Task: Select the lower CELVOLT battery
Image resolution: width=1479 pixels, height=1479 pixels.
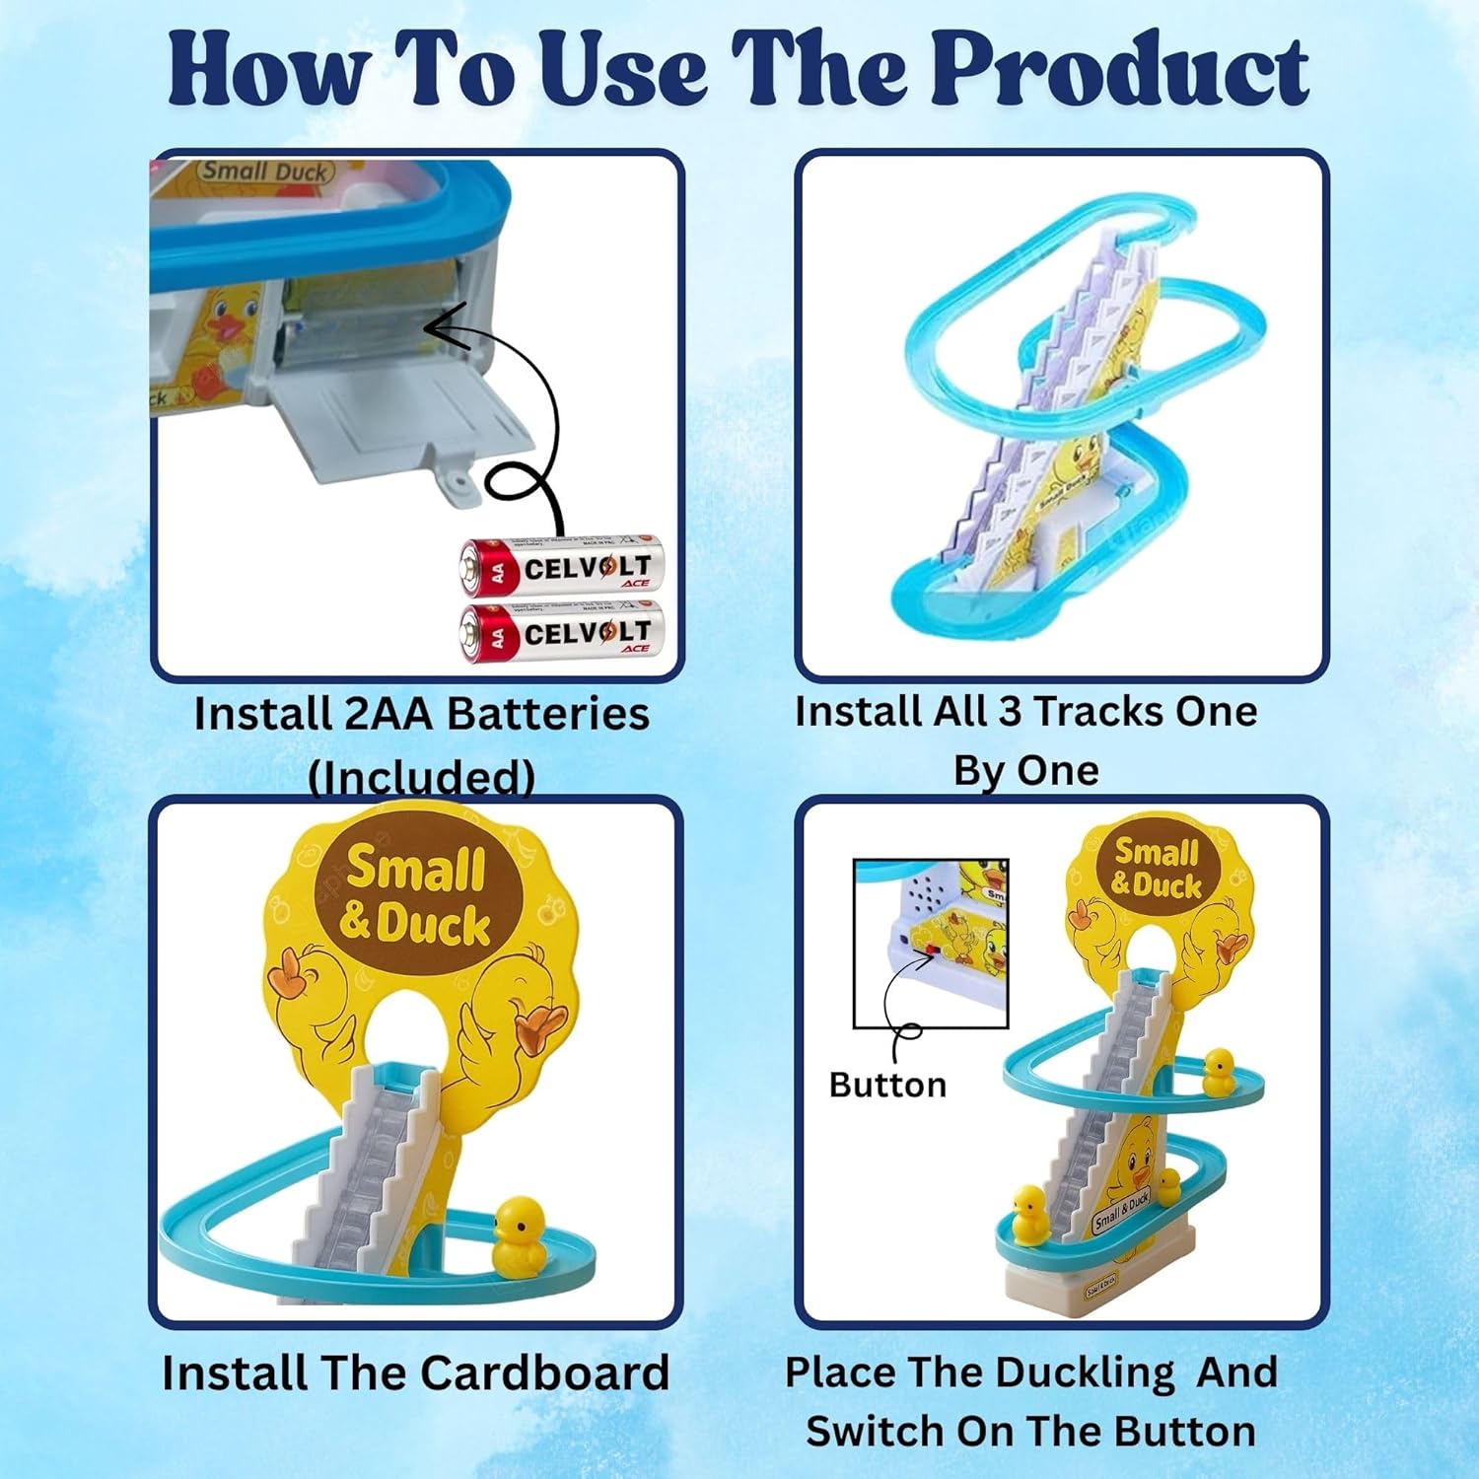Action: (562, 632)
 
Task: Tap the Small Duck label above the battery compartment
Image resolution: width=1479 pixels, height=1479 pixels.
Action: (264, 172)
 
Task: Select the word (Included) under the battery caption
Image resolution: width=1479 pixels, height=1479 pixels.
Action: (422, 777)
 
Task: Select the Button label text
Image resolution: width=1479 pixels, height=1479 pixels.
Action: (887, 1085)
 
